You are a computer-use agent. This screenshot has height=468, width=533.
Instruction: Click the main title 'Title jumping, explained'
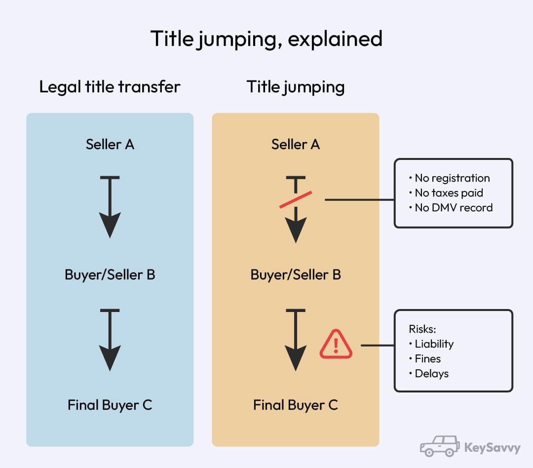(x=266, y=39)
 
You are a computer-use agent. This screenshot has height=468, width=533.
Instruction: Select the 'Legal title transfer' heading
(x=110, y=87)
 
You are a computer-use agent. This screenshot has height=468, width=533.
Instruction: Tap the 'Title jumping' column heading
(x=295, y=87)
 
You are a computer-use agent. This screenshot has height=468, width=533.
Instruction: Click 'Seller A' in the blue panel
(x=110, y=144)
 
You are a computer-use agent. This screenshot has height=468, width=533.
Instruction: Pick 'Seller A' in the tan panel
(x=295, y=144)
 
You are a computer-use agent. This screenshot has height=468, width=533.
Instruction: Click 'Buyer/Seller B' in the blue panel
(x=110, y=274)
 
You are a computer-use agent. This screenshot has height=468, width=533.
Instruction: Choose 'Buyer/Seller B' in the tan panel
(x=295, y=274)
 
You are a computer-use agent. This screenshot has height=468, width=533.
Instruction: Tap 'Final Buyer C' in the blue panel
(x=110, y=405)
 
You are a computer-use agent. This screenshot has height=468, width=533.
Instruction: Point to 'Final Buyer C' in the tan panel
(x=295, y=405)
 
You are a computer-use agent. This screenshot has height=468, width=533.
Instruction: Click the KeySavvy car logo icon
(x=439, y=446)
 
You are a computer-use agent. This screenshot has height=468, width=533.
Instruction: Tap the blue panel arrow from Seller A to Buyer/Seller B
(x=110, y=207)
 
